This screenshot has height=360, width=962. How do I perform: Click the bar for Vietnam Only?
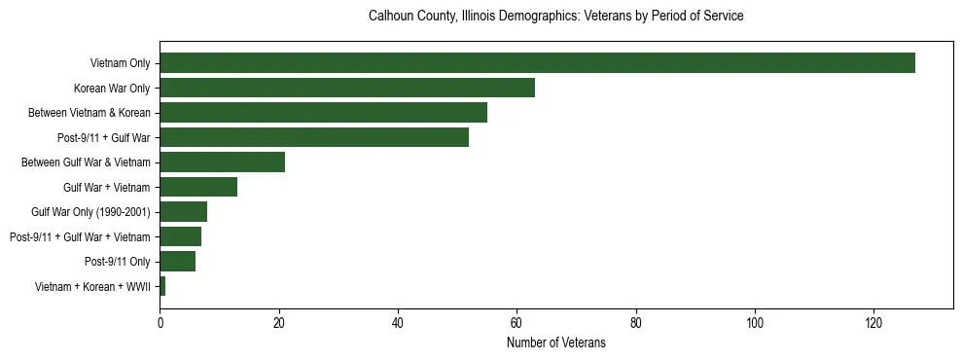[537, 63]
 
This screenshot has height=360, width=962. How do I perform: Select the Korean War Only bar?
[347, 88]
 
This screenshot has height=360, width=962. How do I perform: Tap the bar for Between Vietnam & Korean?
[323, 113]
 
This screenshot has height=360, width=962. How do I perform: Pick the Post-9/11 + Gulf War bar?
[314, 137]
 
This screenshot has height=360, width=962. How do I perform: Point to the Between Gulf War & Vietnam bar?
[222, 162]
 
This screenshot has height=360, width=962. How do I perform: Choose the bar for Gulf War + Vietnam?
[198, 187]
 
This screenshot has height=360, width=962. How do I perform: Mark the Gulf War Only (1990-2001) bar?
[183, 212]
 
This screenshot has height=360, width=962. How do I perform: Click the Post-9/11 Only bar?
[177, 262]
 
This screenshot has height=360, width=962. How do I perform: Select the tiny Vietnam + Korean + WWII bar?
[162, 286]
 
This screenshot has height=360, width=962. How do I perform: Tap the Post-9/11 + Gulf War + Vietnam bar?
[180, 236]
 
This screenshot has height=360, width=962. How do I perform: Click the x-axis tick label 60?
[517, 322]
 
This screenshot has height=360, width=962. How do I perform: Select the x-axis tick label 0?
[160, 322]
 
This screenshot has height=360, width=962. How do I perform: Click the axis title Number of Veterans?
[555, 343]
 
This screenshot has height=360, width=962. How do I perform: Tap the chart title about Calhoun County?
[555, 17]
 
